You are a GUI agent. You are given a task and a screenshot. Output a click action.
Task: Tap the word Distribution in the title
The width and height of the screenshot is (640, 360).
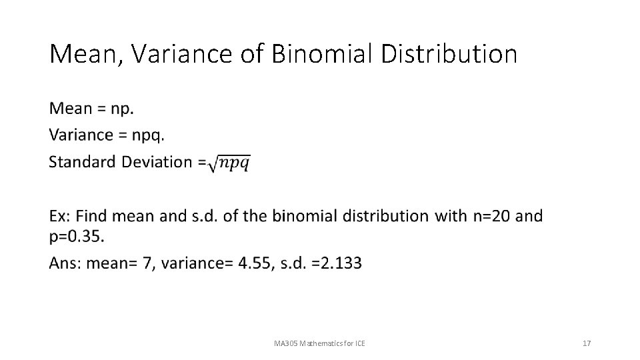pos(449,55)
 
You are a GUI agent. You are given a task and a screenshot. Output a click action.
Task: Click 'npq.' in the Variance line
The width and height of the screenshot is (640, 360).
pos(148,135)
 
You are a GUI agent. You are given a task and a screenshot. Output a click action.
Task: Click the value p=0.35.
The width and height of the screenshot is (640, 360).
pos(77,236)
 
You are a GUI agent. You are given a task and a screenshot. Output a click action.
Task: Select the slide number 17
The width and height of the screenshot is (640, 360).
pos(587,343)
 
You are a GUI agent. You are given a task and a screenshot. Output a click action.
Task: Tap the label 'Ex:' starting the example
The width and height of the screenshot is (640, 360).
pos(59,216)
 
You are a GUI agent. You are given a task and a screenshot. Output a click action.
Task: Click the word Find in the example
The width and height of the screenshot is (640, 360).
pos(91,216)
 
